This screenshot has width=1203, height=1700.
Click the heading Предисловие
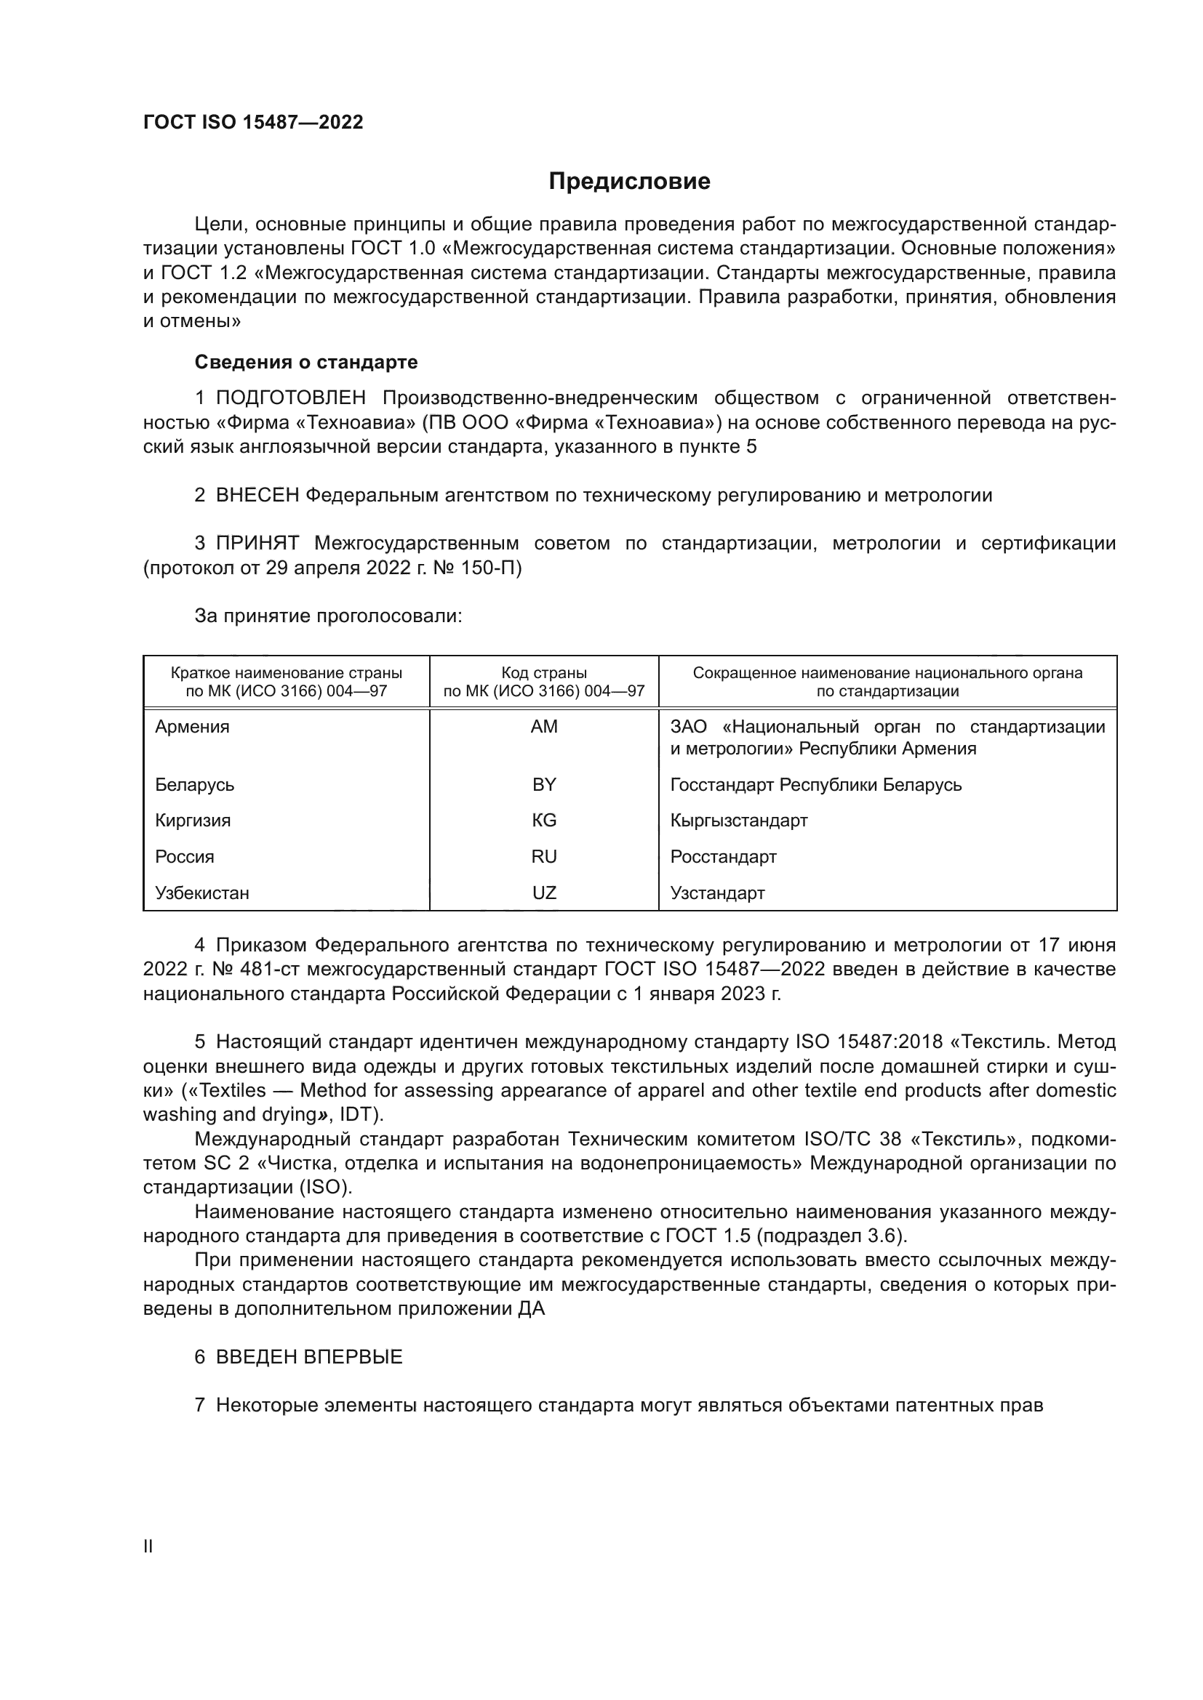(x=629, y=182)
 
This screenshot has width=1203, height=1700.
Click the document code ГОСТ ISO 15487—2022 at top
(x=253, y=123)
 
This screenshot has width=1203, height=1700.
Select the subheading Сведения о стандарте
(x=306, y=362)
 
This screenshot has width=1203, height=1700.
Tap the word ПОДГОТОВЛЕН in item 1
(x=290, y=398)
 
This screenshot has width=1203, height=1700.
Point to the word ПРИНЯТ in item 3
(x=257, y=544)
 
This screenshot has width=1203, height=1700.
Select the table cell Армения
(x=192, y=727)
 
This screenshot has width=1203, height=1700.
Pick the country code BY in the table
(x=544, y=785)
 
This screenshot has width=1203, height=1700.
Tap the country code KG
(x=544, y=821)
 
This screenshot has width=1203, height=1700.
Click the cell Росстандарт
(x=723, y=857)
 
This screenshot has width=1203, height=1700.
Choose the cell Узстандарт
(x=717, y=893)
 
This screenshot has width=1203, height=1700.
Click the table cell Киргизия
(x=193, y=821)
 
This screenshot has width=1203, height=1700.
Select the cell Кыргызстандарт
(x=738, y=821)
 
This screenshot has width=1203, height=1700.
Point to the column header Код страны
(x=544, y=673)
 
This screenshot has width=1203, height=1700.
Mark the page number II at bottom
(x=148, y=1546)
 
